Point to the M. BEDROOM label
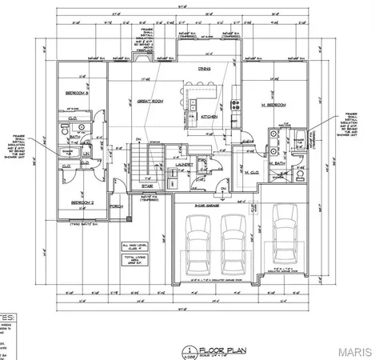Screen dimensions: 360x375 click(x=275, y=104)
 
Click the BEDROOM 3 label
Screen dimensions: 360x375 click(x=76, y=94)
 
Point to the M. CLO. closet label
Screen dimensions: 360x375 click(x=254, y=172)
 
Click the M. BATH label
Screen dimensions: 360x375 click(x=277, y=164)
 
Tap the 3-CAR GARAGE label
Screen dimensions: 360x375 click(x=209, y=206)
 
